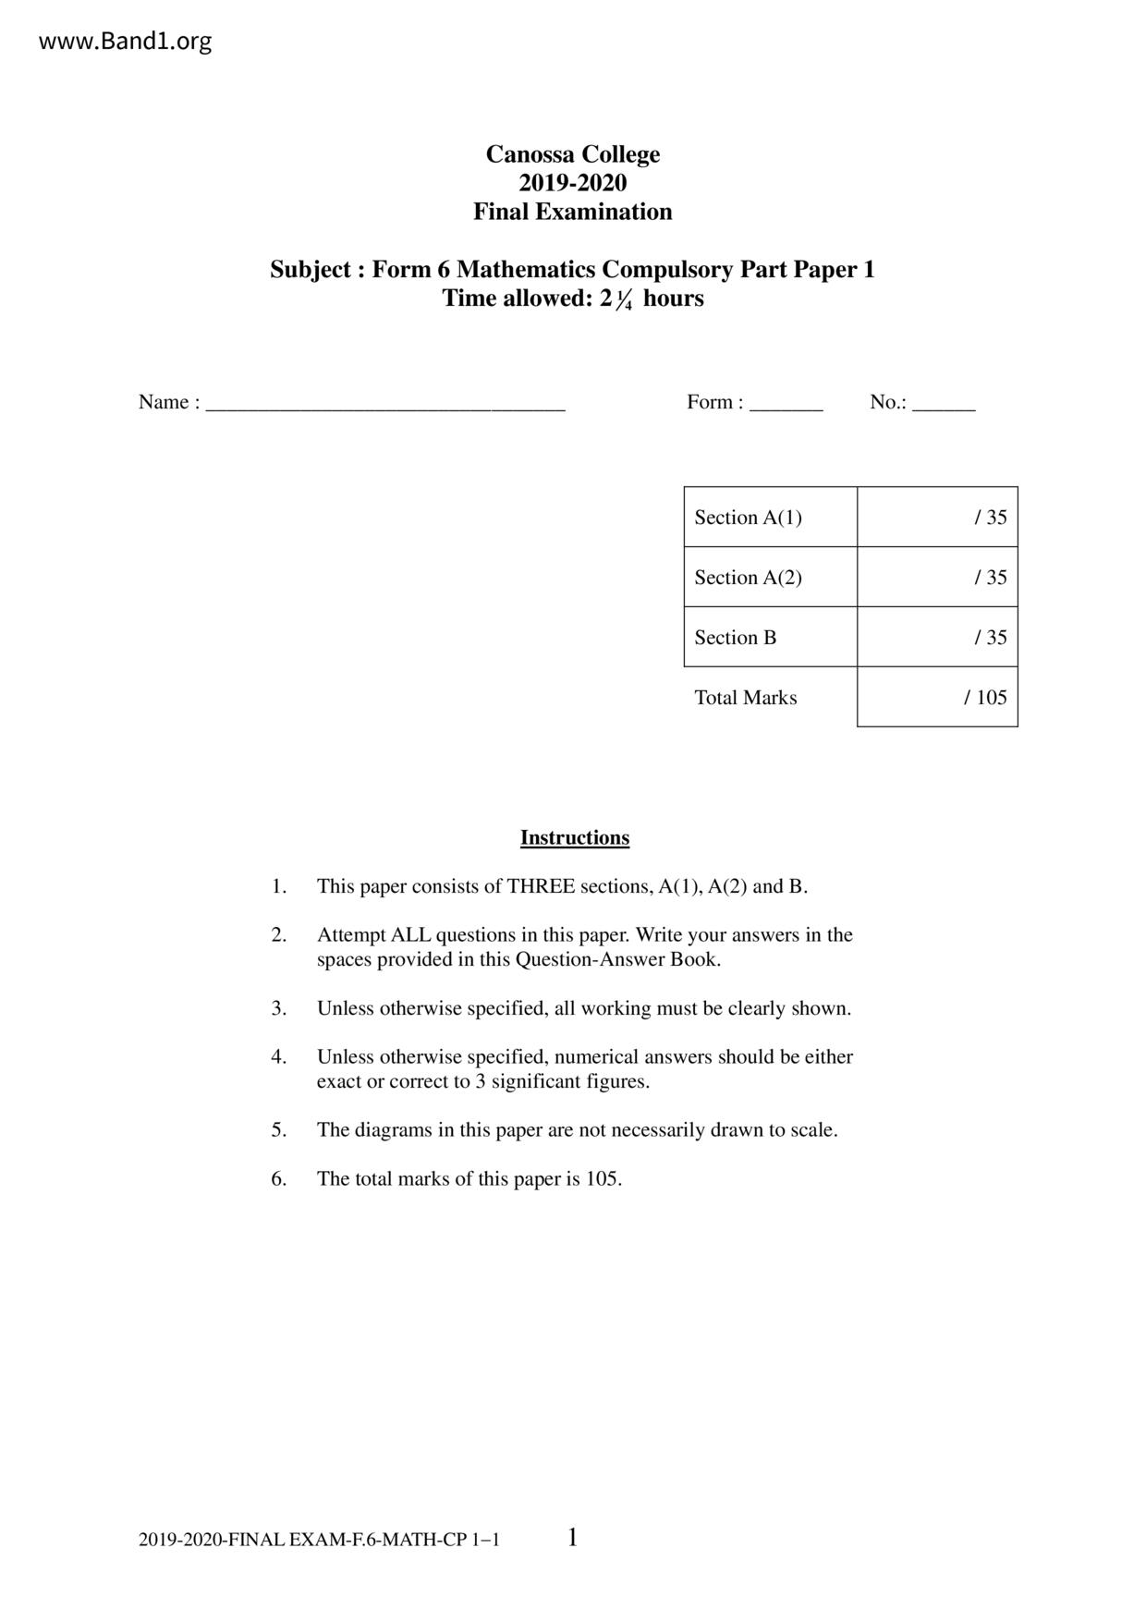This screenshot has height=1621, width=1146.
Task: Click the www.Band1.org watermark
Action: point(125,42)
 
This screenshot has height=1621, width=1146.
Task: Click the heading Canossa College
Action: point(573,154)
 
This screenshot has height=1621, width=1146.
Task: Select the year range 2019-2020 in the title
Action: point(573,183)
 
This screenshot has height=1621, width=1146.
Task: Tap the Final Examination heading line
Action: point(573,212)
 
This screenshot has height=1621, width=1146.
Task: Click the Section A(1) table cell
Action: point(770,518)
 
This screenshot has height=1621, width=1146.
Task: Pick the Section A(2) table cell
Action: point(770,578)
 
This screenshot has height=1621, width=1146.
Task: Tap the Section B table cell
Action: point(770,638)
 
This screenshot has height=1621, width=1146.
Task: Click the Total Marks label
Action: point(746,698)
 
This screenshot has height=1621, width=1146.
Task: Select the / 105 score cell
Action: point(937,698)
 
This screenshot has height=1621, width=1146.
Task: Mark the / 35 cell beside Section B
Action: point(937,638)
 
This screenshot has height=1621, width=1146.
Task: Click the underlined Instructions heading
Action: point(575,838)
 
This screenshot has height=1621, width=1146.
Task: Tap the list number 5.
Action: point(278,1130)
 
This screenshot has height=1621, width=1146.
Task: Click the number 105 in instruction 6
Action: point(601,1179)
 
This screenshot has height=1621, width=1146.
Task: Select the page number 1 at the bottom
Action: point(573,1538)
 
